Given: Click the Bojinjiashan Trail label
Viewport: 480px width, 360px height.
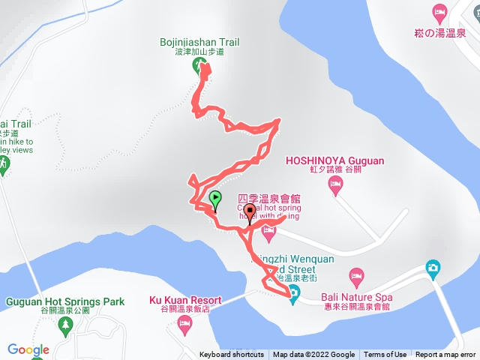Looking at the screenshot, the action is click(x=199, y=42).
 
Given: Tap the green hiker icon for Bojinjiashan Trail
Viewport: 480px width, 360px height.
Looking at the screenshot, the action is click(x=199, y=65).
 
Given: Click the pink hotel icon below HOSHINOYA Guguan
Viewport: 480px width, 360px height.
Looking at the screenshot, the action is click(x=336, y=183).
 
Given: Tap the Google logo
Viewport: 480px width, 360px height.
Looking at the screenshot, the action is click(x=28, y=349).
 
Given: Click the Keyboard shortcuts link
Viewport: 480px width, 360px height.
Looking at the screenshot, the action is click(x=231, y=355).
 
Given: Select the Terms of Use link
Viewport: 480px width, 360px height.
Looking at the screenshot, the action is click(x=385, y=355).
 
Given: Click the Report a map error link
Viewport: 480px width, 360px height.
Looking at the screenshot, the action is click(x=445, y=355).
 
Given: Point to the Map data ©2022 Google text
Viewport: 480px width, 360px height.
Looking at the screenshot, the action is click(x=313, y=355).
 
